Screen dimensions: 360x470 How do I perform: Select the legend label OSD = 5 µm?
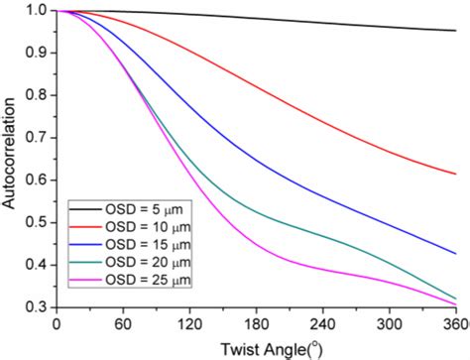(x=144, y=211)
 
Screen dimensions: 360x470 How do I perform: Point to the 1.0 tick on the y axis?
(x=37, y=10)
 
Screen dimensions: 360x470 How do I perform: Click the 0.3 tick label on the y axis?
(x=37, y=306)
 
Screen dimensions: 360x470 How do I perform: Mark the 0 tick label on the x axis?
(x=57, y=323)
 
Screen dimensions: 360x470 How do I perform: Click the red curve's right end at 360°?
(x=456, y=174)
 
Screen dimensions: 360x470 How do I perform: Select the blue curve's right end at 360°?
(x=456, y=253)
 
